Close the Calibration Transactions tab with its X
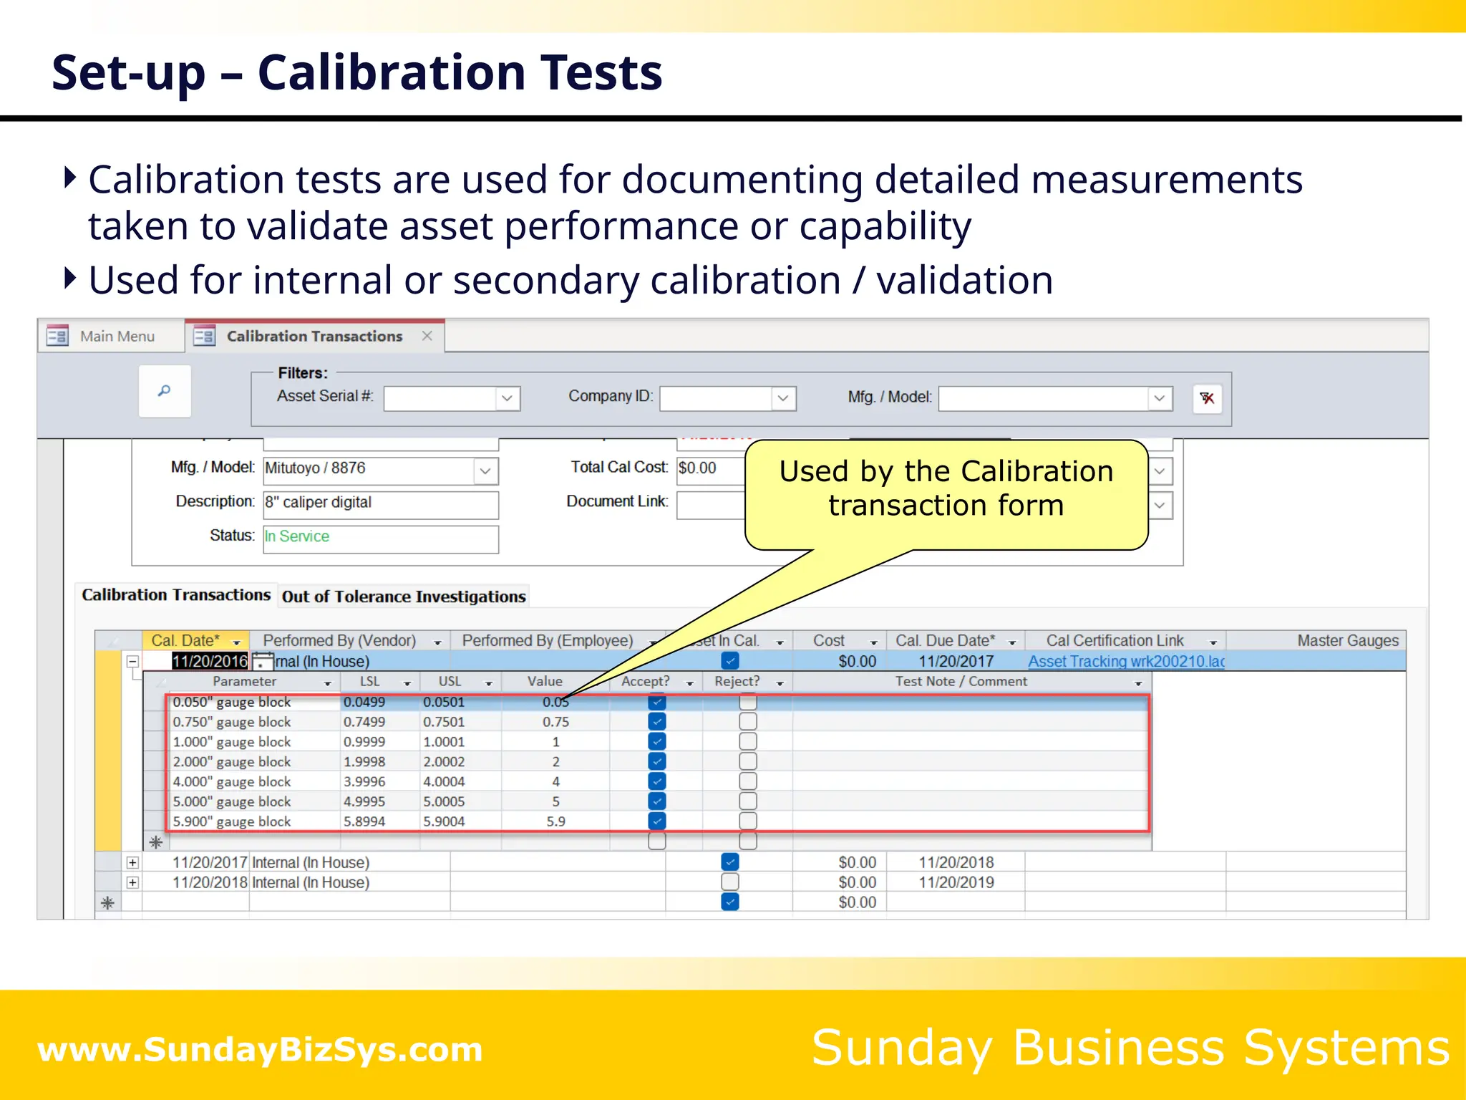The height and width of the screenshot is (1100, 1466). pos(427,336)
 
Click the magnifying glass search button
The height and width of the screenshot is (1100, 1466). pos(165,391)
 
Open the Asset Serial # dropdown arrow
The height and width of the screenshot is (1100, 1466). pos(508,398)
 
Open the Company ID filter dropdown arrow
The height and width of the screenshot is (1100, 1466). pos(783,398)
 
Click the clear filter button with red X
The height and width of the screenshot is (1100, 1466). pos(1207,398)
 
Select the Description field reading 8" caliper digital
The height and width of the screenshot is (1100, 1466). pos(380,503)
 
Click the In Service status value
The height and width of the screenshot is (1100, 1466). pos(297,536)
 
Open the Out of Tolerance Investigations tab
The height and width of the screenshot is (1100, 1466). pos(404,597)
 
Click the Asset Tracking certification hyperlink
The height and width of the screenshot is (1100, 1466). pos(1126,661)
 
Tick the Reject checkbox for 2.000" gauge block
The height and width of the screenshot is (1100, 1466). pos(748,761)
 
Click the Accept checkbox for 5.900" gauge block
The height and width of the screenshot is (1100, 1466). pos(656,821)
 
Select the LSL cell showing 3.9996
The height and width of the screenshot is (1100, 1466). pos(364,781)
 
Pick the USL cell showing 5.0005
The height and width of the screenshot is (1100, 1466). pos(444,801)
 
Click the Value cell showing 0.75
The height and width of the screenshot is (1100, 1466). pos(555,722)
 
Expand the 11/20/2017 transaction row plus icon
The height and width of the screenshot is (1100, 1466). pos(132,862)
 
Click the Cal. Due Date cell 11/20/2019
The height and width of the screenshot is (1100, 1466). pos(956,882)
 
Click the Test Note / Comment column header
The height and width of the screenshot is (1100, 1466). pos(961,682)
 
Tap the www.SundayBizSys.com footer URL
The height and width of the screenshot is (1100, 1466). pos(260,1049)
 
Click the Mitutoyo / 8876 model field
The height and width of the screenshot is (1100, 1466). pos(369,468)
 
